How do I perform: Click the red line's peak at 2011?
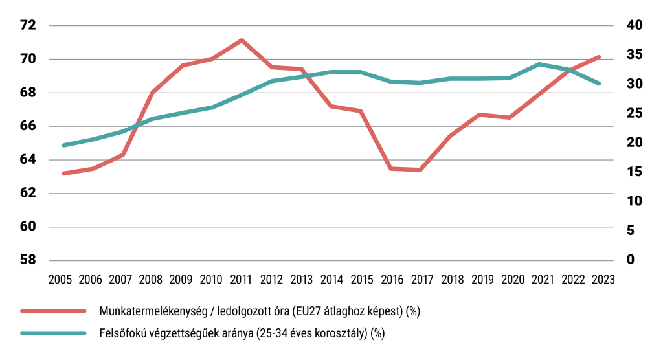click(241, 40)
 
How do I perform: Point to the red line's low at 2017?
click(420, 170)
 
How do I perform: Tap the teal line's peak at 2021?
click(539, 64)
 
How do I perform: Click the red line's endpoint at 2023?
click(599, 57)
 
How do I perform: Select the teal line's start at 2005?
click(63, 145)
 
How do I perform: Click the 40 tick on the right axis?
click(633, 25)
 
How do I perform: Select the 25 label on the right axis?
click(633, 113)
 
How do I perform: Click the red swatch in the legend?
click(53, 311)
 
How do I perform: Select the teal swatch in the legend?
click(53, 333)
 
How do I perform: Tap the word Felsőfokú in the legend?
click(123, 333)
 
